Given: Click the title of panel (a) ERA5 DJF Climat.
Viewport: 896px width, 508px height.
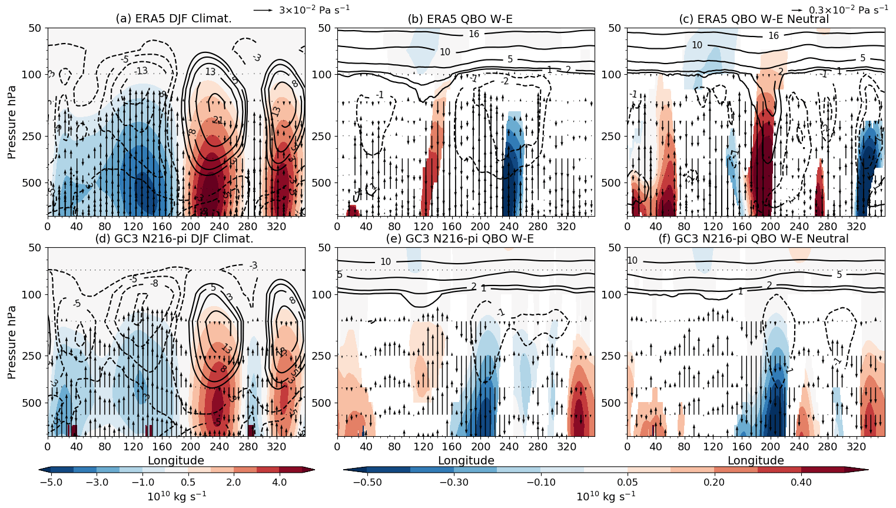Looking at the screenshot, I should click(x=174, y=19).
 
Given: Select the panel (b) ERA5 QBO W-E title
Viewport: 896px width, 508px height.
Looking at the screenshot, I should click(x=460, y=19).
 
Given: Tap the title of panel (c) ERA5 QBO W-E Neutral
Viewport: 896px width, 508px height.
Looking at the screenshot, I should click(x=754, y=19).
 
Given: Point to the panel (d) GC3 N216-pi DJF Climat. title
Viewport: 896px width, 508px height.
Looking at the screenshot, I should click(x=174, y=239).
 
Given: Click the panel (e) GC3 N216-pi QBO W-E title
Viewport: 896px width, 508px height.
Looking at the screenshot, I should click(x=460, y=239).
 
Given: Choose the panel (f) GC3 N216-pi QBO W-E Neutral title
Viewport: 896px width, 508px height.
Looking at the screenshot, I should click(x=754, y=239).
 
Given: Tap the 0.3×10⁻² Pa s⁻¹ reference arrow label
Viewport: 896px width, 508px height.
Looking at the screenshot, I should click(x=848, y=9).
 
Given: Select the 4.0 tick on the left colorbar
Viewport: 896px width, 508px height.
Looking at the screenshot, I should click(x=280, y=483).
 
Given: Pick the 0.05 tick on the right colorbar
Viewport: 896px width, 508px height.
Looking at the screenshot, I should click(x=628, y=483).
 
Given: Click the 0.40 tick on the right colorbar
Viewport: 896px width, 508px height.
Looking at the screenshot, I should click(x=801, y=483).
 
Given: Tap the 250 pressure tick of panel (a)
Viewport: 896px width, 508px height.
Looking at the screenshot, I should click(x=34, y=137).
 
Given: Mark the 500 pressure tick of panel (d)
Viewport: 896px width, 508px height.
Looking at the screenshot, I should click(x=34, y=403).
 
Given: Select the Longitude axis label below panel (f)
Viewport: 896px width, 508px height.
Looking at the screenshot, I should click(x=756, y=460).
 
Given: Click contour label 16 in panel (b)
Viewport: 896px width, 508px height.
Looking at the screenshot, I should click(x=474, y=34).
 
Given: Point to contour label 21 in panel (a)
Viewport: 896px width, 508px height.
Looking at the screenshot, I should click(x=218, y=120).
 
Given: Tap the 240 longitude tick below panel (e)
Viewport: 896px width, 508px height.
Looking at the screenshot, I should click(x=509, y=447).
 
